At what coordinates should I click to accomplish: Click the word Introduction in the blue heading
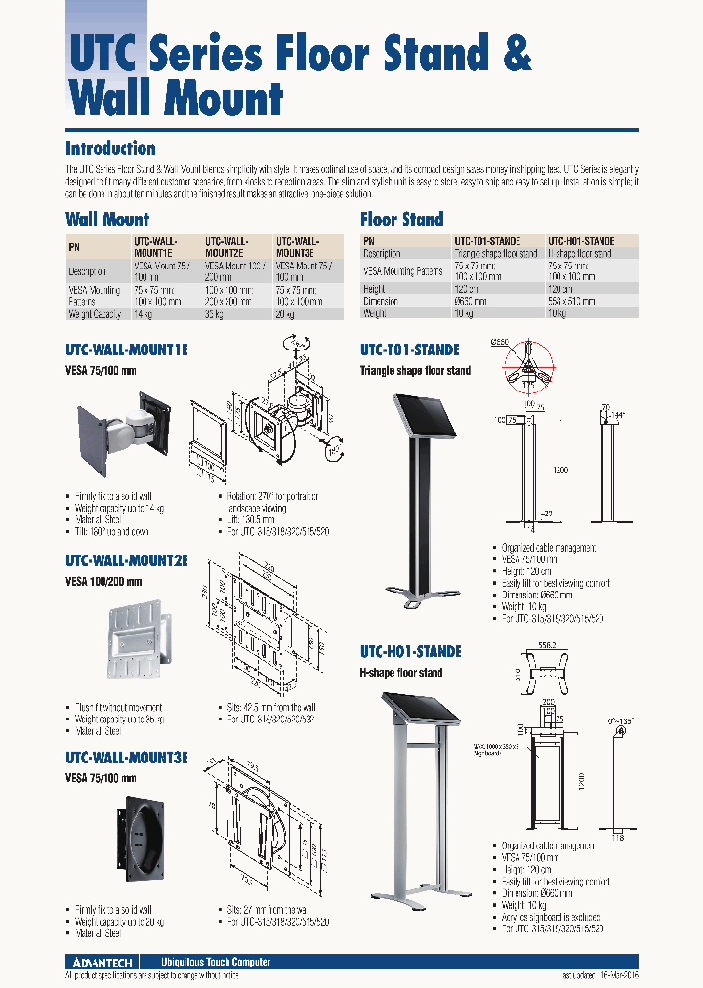tap(110, 149)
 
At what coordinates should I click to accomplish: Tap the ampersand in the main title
tap(515, 53)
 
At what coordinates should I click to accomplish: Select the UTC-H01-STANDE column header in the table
tap(581, 240)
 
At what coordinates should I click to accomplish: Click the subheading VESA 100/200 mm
tap(103, 582)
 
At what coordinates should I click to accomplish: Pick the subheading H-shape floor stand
tap(400, 673)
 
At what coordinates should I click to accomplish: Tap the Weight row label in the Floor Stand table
tap(377, 313)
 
